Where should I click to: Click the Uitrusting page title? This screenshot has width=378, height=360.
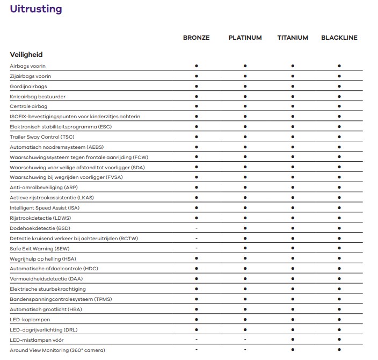[35, 9]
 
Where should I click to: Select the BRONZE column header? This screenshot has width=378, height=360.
[196, 38]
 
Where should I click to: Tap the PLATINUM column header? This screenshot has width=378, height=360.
[245, 38]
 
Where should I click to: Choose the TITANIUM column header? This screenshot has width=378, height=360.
[293, 38]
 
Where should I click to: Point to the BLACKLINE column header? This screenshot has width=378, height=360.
[339, 38]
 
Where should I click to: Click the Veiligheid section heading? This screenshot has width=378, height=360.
[26, 55]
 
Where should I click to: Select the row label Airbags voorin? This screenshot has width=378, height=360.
[28, 66]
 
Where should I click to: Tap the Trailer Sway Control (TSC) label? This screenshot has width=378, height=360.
[42, 137]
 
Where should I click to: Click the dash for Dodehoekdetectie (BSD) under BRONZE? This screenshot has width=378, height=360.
[197, 228]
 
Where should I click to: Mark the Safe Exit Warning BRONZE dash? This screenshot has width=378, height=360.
[197, 248]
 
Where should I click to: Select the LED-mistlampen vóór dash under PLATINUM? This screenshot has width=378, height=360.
[245, 340]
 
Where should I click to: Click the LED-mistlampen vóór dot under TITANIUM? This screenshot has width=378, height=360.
[293, 340]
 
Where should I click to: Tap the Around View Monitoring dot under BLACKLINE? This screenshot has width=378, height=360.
[339, 350]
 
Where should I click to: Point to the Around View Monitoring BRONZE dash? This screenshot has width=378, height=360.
[197, 350]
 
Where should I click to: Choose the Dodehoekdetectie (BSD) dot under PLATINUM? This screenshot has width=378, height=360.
[245, 228]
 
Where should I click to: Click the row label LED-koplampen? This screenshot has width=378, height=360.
[30, 320]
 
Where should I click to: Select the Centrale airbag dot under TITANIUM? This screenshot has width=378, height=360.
[293, 106]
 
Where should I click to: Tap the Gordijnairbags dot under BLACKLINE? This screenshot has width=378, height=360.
[339, 86]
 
